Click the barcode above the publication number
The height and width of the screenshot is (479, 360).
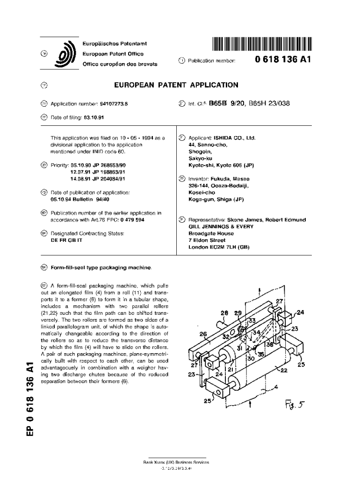[x=262, y=44]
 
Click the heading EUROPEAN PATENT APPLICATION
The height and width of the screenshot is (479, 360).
[x=176, y=85]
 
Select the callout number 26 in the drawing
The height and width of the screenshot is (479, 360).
[x=203, y=334]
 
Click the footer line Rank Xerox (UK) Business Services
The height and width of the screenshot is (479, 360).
[x=176, y=462]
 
